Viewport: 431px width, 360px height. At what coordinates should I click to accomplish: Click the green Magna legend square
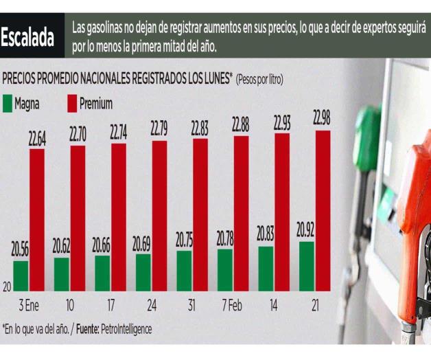pyautogui.click(x=8, y=104)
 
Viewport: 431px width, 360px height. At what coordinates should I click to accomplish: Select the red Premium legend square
pyautogui.click(x=72, y=104)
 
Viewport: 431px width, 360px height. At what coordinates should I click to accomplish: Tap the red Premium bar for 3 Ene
pyautogui.click(x=37, y=219)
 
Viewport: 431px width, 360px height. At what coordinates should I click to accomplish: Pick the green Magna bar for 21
pyautogui.click(x=307, y=266)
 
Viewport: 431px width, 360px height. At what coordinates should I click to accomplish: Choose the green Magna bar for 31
pyautogui.click(x=184, y=270)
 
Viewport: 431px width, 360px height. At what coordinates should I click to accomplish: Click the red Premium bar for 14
pyautogui.click(x=282, y=212)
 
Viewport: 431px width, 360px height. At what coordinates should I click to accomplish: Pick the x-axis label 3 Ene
pyautogui.click(x=29, y=303)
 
